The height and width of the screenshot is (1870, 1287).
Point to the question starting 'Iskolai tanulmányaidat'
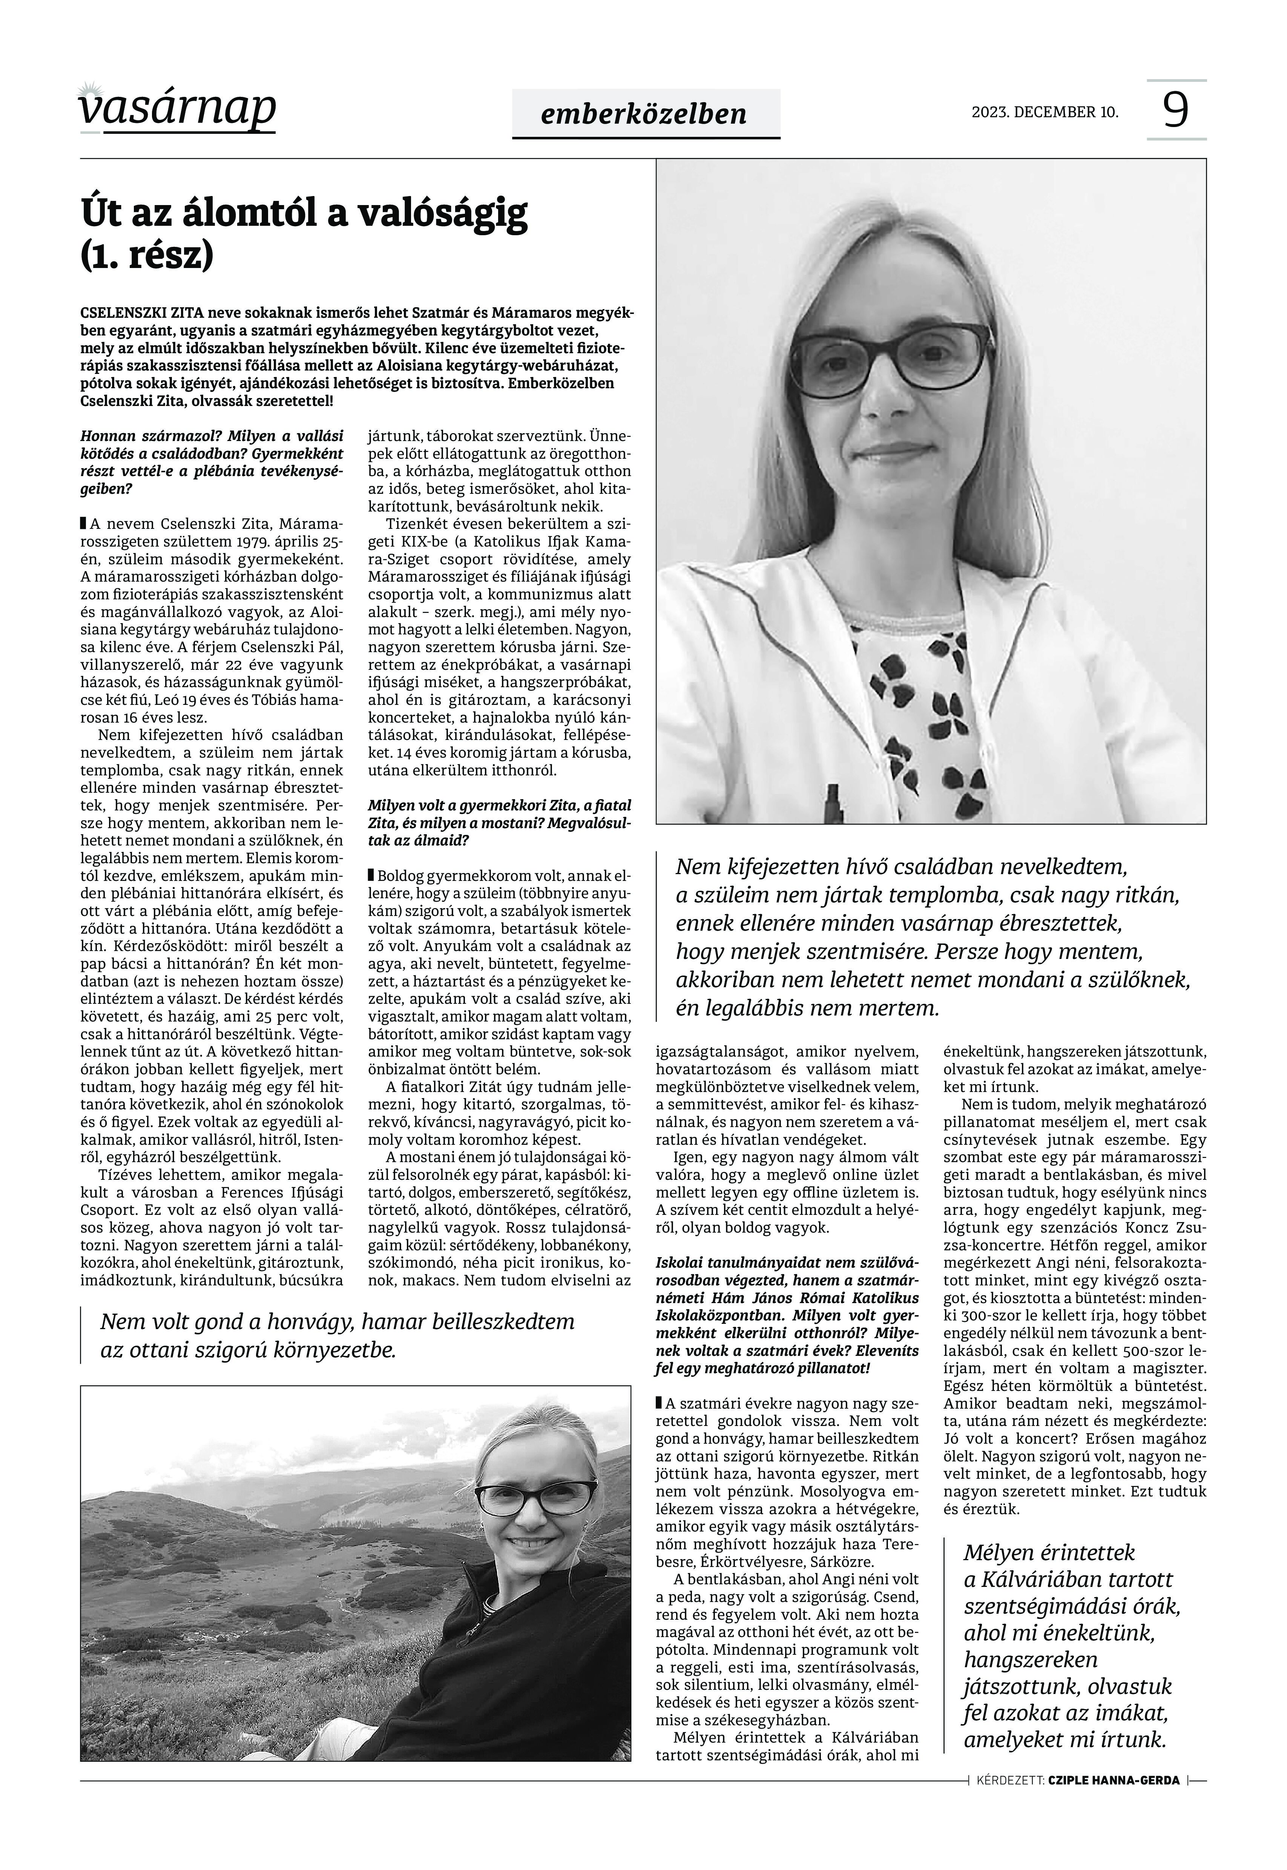pos(786,1314)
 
